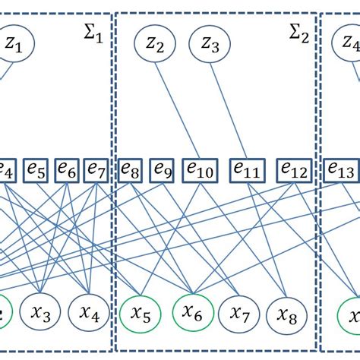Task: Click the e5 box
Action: (x=36, y=169)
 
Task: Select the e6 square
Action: (x=66, y=169)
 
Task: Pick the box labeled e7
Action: (x=96, y=169)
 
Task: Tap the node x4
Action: (x=90, y=314)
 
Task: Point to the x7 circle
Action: (x=241, y=314)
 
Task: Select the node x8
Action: (x=287, y=314)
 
